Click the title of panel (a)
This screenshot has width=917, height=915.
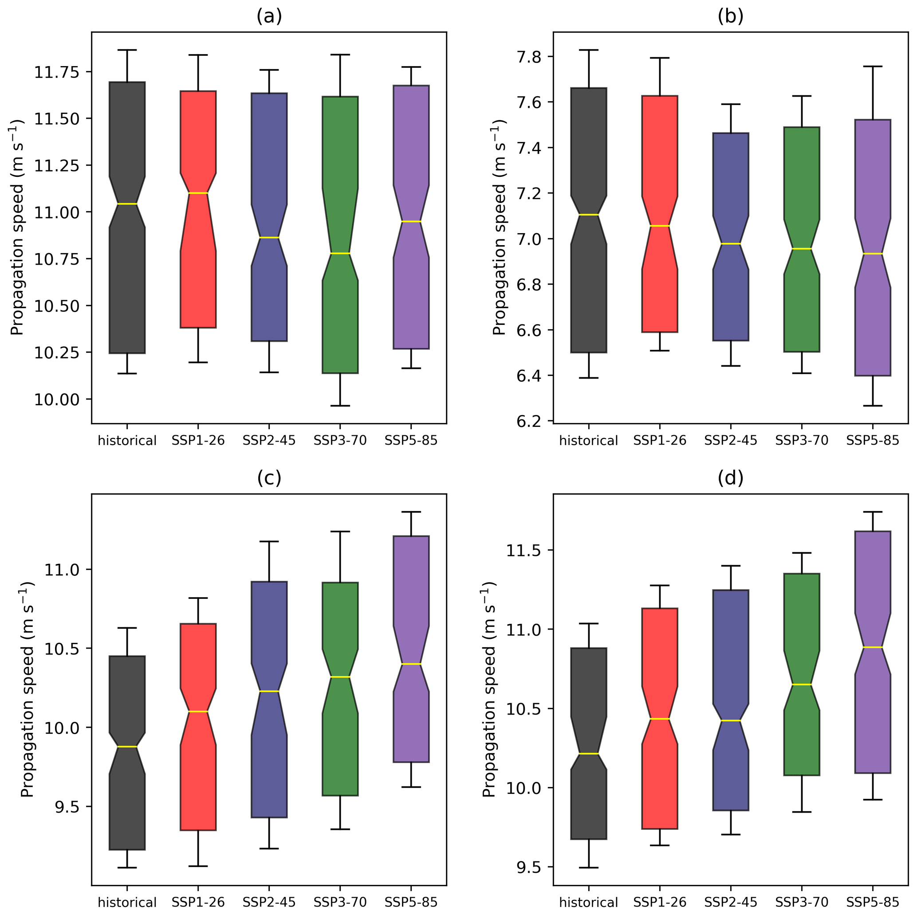click(x=269, y=16)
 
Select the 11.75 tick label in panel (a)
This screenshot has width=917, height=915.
click(x=56, y=72)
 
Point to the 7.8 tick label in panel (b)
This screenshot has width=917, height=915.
click(x=530, y=57)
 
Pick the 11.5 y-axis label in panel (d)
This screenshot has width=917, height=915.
click(x=524, y=550)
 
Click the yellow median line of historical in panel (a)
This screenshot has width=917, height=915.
click(x=127, y=204)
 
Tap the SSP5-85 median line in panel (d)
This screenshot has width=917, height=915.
click(x=872, y=647)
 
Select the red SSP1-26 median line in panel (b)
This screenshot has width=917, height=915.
click(x=659, y=226)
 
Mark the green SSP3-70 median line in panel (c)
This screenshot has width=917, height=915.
click(x=340, y=676)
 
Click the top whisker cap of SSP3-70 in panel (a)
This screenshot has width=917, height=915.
click(x=340, y=55)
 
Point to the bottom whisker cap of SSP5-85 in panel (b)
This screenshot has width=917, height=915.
click(x=872, y=406)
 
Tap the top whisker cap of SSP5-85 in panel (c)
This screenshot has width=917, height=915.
click(x=411, y=512)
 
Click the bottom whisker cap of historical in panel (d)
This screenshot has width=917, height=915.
click(x=589, y=868)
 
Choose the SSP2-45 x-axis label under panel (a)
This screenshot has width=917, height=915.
click(x=269, y=441)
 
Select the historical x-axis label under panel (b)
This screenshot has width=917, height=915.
click(x=589, y=441)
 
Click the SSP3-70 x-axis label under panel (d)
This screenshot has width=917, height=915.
click(x=802, y=902)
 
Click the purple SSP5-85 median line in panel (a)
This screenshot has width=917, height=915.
click(x=411, y=222)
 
